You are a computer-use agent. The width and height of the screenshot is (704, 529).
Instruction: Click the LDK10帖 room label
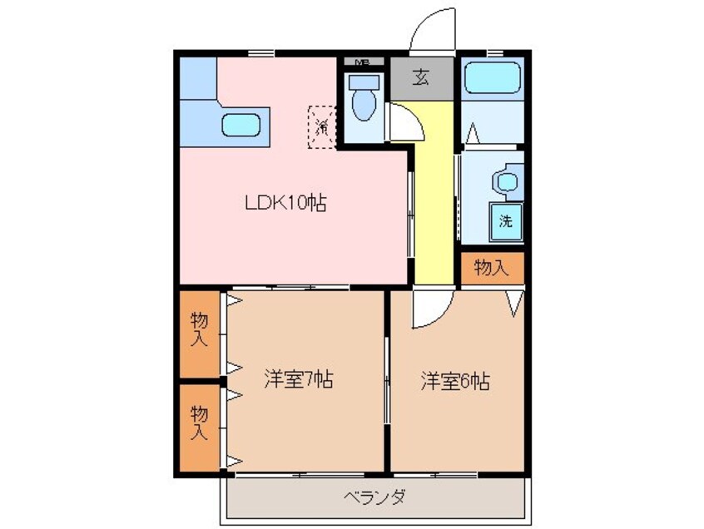[284, 201]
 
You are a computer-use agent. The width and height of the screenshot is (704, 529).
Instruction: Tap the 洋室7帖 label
[299, 381]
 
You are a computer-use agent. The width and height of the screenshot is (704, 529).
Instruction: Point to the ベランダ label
[374, 497]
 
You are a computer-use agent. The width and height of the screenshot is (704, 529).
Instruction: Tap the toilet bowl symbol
[364, 107]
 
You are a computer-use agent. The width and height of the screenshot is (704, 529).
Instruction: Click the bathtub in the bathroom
[491, 78]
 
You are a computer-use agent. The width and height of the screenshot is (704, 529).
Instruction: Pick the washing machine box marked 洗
[505, 220]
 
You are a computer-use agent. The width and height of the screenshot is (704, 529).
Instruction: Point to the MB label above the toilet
[362, 62]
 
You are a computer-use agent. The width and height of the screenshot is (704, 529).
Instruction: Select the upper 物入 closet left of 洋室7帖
[199, 329]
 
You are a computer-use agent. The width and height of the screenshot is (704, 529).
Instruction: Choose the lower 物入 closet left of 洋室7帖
[199, 423]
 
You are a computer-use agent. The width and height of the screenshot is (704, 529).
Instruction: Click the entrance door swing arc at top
[431, 35]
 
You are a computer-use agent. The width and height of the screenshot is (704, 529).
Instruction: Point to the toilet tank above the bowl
[363, 82]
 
